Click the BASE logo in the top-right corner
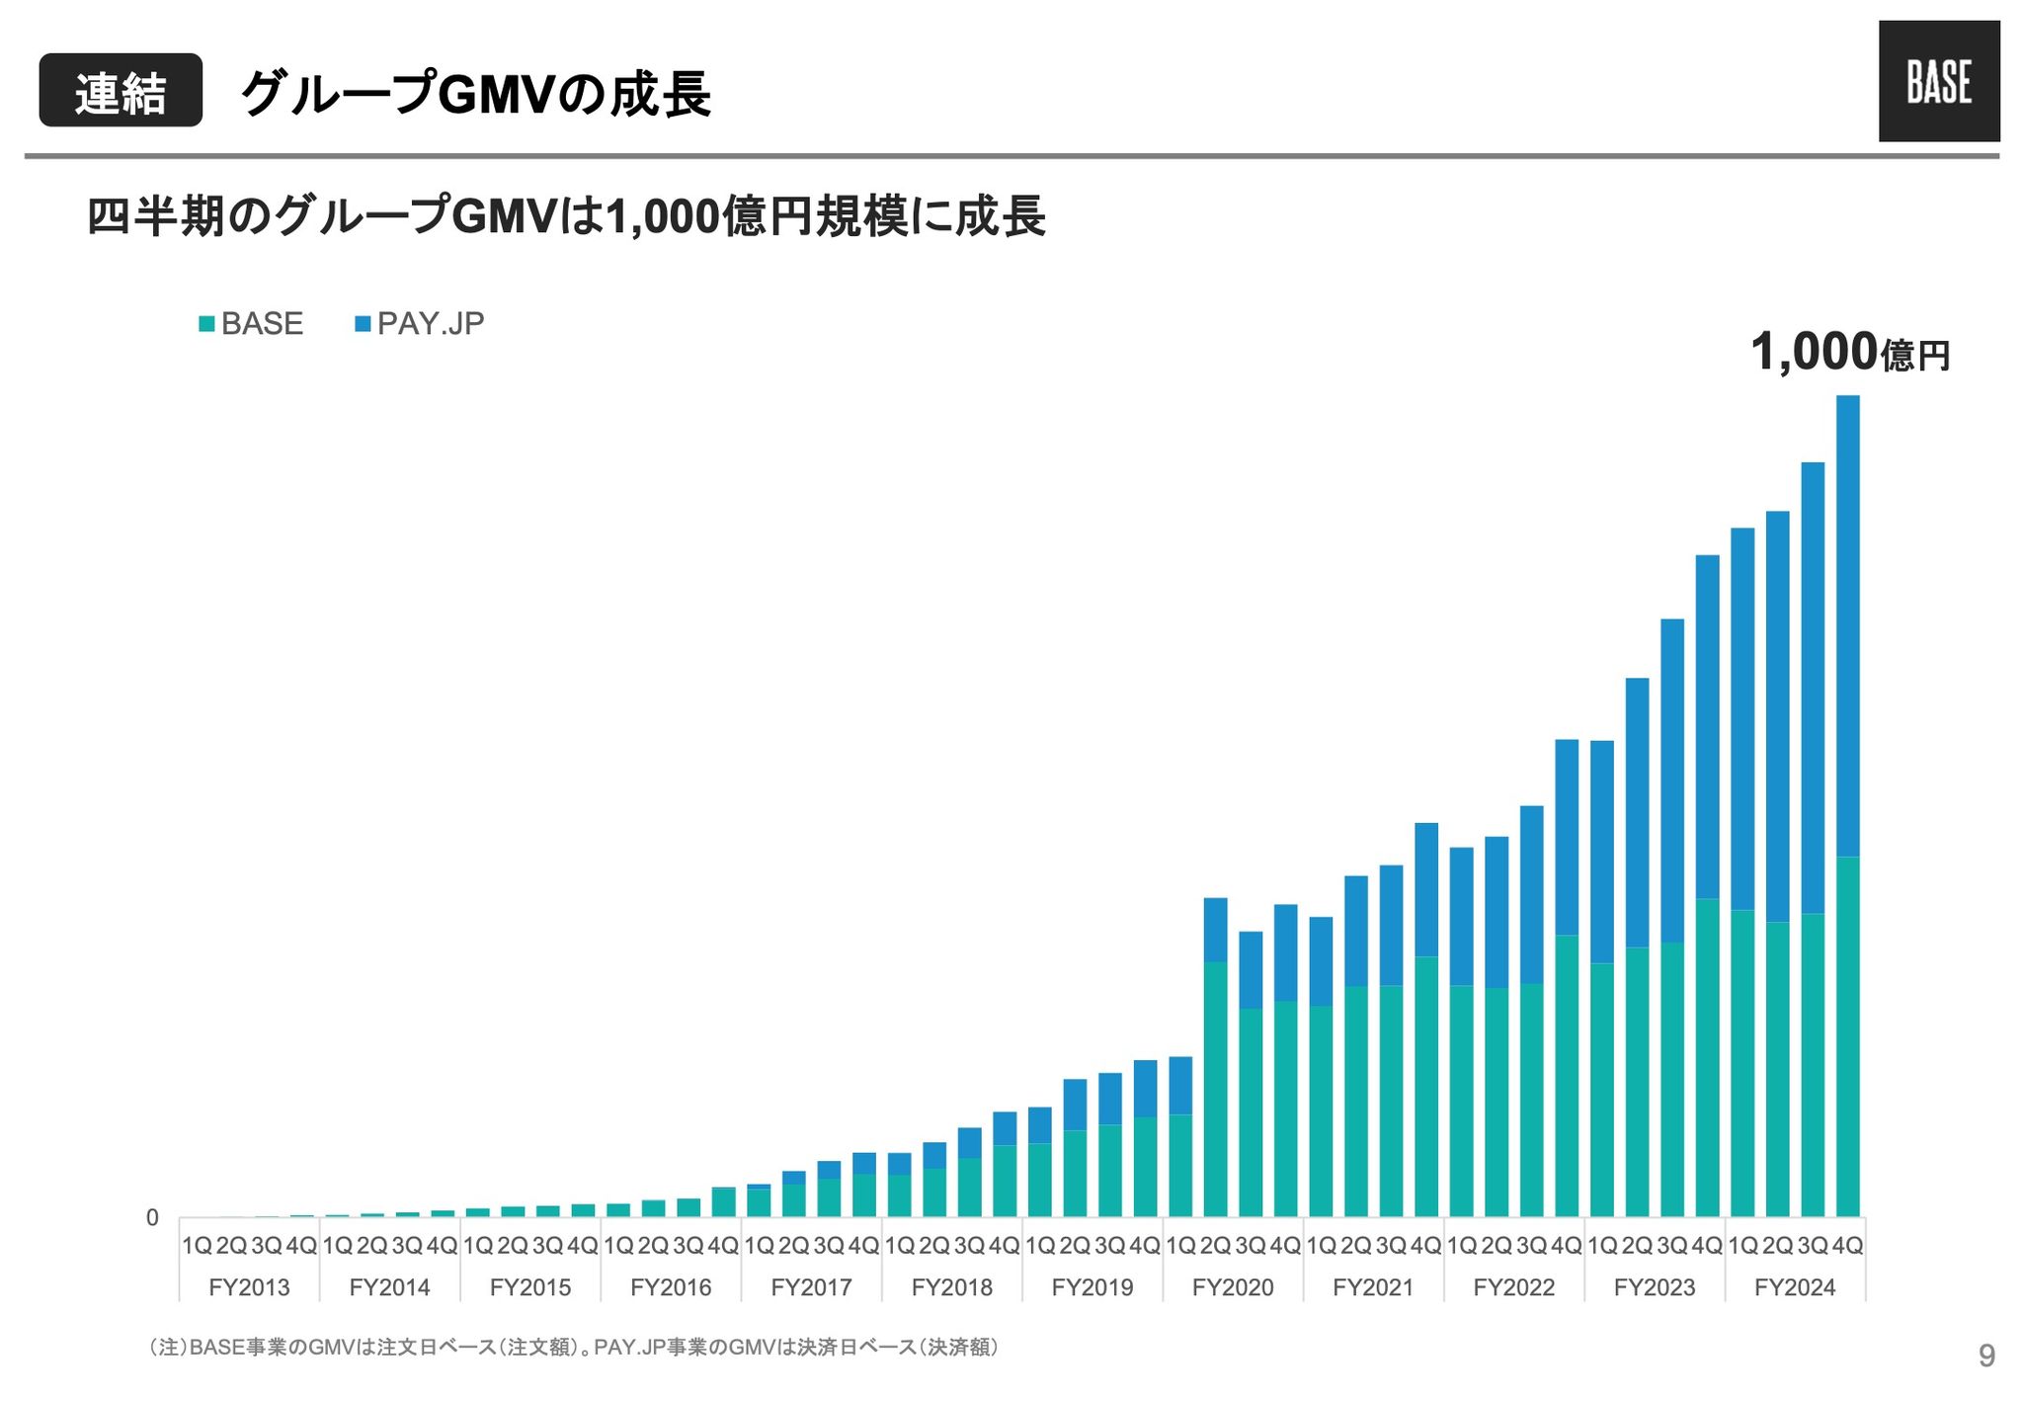point(1938,81)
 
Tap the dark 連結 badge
point(121,91)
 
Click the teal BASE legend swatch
point(206,324)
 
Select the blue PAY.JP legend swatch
point(363,324)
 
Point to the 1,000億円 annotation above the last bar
point(1849,353)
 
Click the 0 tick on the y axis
point(152,1218)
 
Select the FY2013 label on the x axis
point(249,1288)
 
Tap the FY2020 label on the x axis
point(1233,1288)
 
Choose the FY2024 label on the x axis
point(1795,1288)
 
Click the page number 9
point(1986,1357)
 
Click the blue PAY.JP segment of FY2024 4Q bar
point(1847,622)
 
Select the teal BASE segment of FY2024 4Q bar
point(1847,1037)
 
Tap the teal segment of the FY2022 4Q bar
point(1567,1077)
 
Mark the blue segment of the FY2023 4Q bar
point(1707,726)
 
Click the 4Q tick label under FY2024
point(1847,1246)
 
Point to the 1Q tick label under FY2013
point(197,1246)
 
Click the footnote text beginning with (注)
point(573,1348)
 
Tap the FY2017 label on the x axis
point(811,1288)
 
